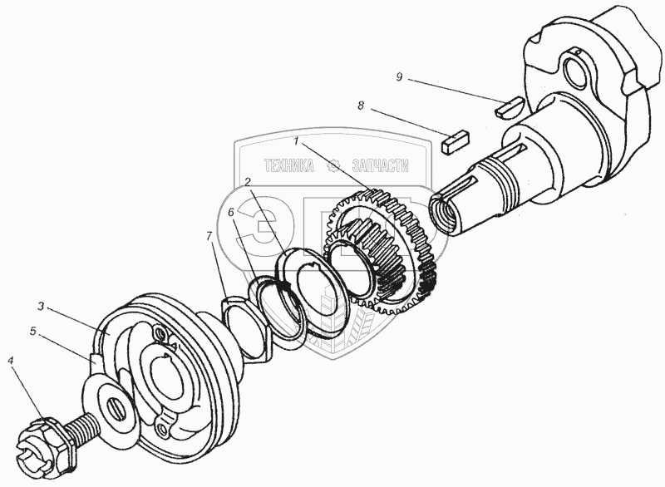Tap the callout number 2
point(247,181)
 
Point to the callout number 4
point(11,360)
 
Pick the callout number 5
point(32,331)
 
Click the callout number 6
point(231,213)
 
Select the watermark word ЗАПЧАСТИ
point(380,166)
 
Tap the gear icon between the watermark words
point(334,166)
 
